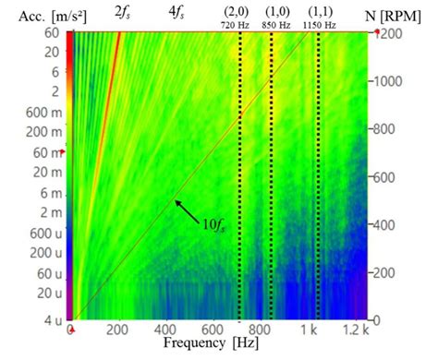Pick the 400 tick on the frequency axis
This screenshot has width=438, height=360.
click(167, 330)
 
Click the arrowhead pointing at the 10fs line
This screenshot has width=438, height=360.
click(173, 198)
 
